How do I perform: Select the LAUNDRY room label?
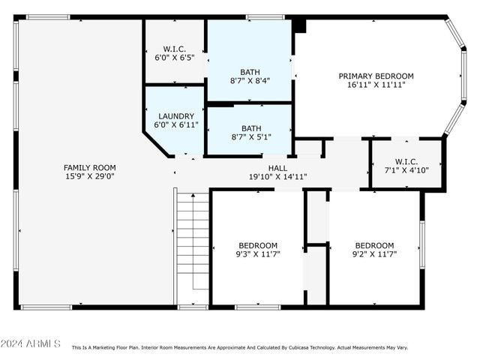175,116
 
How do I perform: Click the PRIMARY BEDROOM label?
376,76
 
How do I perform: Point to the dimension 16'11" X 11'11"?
376,85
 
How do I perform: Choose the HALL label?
277,168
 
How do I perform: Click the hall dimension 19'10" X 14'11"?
277,177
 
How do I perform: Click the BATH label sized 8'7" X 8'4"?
250,72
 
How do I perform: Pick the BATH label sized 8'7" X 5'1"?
250,128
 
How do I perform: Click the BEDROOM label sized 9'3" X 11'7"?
258,245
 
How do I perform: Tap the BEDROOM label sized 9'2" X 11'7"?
374,245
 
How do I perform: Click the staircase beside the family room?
193,240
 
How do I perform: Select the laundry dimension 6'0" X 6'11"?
175,125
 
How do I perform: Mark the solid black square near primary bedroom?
300,25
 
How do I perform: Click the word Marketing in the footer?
108,348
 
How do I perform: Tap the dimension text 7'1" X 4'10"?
406,171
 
